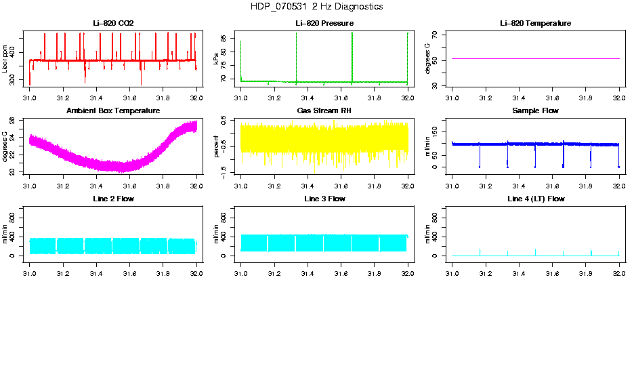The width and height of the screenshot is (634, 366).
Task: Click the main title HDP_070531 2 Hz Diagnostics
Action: [316, 7]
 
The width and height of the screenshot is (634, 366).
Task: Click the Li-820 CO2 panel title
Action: [113, 24]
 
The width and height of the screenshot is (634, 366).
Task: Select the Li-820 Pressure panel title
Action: [324, 24]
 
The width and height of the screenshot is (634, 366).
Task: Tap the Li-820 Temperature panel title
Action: [535, 24]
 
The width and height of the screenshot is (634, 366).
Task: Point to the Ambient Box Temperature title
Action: [113, 110]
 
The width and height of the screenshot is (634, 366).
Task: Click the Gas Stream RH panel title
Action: [324, 110]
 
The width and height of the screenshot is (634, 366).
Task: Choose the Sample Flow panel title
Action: [535, 110]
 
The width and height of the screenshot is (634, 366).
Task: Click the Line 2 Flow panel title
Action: [113, 199]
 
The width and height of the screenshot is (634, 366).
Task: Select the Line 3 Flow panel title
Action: [324, 199]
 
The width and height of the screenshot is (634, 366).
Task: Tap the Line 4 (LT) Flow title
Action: [535, 199]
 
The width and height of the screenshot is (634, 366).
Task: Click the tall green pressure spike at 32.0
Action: [407, 47]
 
